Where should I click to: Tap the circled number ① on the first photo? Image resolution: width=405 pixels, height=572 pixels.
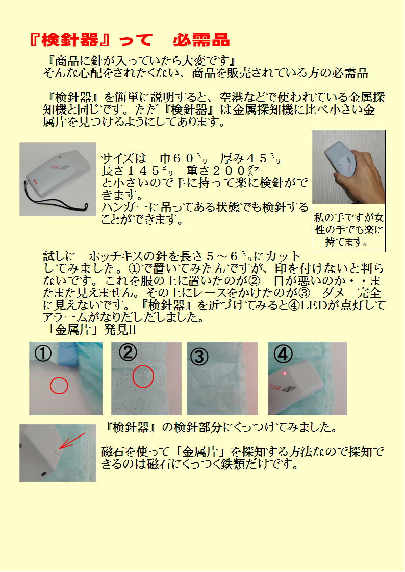pyautogui.click(x=43, y=353)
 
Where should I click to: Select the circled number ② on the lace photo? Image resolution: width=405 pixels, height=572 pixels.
pyautogui.click(x=128, y=352)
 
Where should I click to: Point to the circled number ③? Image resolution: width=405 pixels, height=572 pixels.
pyautogui.click(x=199, y=356)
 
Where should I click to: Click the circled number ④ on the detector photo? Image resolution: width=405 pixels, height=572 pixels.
pyautogui.click(x=283, y=353)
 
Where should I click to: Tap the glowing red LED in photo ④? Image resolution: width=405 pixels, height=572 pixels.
pyautogui.click(x=285, y=373)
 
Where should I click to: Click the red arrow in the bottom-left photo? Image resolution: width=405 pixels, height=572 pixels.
pyautogui.click(x=72, y=441)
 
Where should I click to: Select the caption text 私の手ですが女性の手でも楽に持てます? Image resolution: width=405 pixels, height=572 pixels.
pyautogui.click(x=349, y=230)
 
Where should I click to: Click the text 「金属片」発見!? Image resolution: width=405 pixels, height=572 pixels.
pyautogui.click(x=90, y=330)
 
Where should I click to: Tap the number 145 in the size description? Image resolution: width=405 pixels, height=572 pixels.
pyautogui.click(x=145, y=170)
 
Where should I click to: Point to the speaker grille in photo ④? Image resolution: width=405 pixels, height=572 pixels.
pyautogui.click(x=289, y=389)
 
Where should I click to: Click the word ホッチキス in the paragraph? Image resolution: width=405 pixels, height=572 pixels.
pyautogui.click(x=112, y=256)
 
